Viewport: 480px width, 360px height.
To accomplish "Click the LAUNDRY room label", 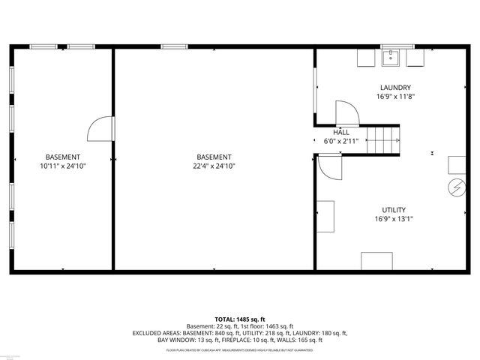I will (394, 88).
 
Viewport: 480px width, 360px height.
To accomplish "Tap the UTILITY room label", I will (394, 210).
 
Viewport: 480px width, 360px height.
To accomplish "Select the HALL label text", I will (341, 132).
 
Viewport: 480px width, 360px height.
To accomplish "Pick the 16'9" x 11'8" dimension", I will (394, 97).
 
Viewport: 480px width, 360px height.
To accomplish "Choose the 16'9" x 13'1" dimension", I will (394, 219).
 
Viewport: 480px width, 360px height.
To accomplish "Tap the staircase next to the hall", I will (386, 139).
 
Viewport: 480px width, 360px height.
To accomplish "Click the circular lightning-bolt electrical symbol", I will (456, 186).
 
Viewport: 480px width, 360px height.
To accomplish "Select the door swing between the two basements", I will (100, 128).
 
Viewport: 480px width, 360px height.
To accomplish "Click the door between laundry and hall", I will (347, 113).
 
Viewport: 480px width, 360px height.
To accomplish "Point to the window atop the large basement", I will (174, 47).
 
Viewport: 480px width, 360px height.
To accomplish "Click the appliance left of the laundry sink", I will (364, 58).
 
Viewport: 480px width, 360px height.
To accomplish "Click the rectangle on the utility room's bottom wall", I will (376, 261).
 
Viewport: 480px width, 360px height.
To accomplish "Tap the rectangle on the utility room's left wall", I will (325, 217).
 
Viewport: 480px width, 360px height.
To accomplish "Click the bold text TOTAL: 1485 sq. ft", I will (240, 319).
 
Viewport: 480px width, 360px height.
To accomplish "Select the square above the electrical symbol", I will (457, 165).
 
